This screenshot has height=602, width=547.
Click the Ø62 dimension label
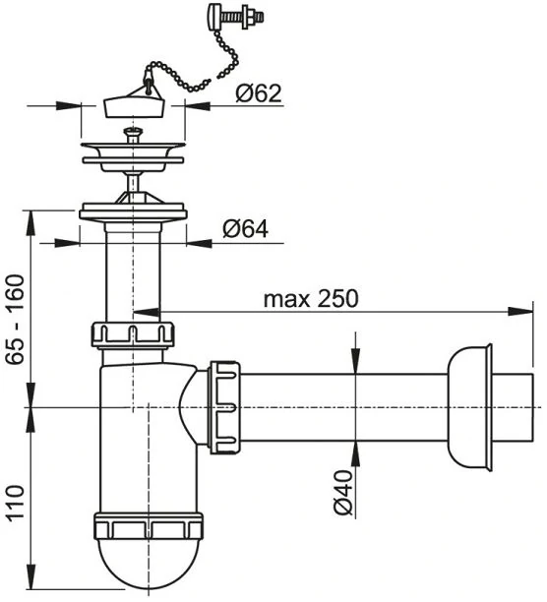259,92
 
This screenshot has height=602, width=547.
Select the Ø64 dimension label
245,229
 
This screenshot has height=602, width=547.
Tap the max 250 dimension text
311,298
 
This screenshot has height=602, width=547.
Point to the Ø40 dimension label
342,493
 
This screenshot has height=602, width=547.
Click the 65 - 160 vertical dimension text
16,319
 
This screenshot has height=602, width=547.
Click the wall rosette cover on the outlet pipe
470,407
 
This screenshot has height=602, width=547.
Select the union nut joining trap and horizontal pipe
224,407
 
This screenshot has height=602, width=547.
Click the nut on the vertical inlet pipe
133,335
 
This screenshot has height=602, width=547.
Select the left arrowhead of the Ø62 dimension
69,106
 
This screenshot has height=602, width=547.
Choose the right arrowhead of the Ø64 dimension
199,243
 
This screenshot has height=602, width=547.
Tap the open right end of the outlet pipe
533,407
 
